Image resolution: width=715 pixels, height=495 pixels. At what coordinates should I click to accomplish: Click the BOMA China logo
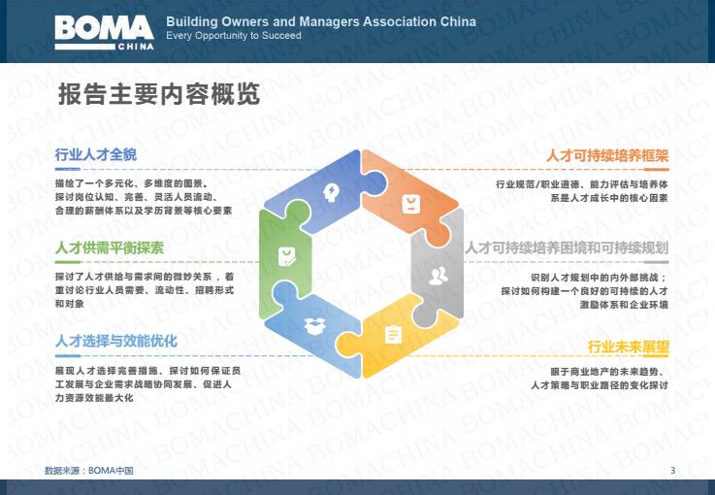point(104,32)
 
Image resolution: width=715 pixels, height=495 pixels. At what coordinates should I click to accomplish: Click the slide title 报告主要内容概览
point(159,94)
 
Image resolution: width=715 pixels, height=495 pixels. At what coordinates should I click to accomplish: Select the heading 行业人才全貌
point(96,154)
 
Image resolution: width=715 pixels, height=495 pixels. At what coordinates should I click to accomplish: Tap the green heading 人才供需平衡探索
point(109,247)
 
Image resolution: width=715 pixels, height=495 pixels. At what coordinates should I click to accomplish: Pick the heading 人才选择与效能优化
point(115,341)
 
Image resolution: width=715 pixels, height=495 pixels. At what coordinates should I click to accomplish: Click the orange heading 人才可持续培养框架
point(607,155)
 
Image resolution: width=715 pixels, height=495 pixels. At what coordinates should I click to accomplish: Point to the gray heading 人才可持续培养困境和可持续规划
point(567,247)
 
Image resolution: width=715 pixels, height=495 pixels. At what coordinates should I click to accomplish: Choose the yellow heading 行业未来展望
point(629,347)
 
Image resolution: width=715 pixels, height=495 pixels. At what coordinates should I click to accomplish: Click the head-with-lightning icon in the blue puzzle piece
point(331,192)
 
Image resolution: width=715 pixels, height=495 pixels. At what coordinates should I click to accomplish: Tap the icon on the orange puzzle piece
point(410,204)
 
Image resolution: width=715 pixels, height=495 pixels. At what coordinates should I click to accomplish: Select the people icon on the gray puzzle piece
point(439,276)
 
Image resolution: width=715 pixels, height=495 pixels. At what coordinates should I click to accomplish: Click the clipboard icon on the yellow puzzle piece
point(393,335)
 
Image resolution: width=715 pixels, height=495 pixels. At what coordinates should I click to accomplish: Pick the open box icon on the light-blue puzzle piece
point(314,326)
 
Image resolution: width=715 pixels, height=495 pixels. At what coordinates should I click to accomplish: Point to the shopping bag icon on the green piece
point(287,257)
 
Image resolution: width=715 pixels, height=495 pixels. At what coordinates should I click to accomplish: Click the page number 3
point(672,471)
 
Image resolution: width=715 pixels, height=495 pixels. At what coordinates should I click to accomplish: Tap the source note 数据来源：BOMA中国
point(89,471)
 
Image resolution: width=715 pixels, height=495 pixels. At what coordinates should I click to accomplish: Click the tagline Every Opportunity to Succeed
point(234,36)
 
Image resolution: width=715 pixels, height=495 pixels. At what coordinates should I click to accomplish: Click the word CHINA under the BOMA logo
point(136,47)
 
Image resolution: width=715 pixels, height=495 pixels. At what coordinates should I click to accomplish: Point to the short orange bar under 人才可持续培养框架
point(656,170)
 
